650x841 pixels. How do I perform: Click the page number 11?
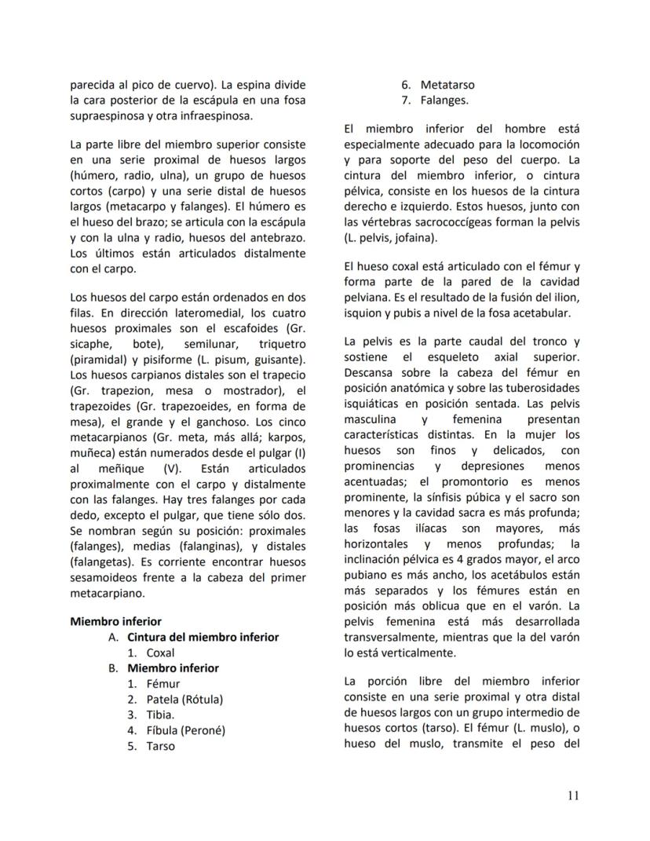[573, 795]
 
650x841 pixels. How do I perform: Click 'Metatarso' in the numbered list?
[447, 84]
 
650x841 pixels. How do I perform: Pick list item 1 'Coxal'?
[160, 653]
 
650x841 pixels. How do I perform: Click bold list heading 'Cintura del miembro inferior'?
[203, 637]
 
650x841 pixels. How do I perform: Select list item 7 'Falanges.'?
[444, 100]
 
